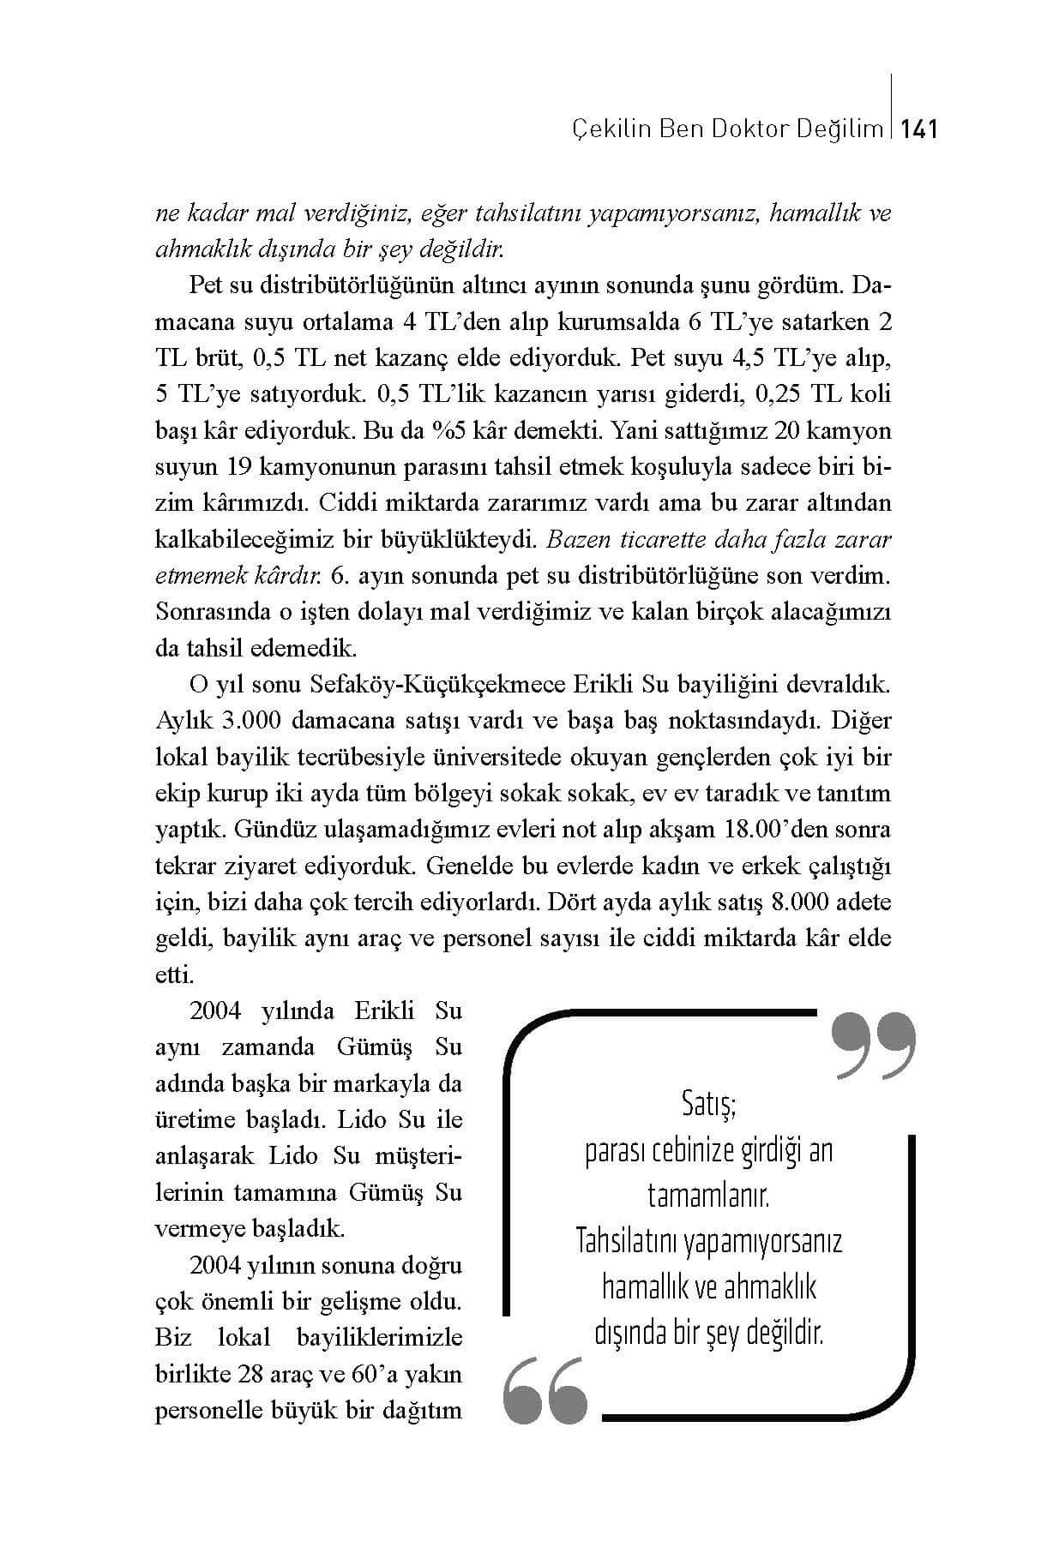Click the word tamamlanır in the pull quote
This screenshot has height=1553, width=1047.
(708, 1194)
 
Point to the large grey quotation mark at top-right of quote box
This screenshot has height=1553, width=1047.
(873, 1045)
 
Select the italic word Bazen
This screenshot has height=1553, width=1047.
(573, 540)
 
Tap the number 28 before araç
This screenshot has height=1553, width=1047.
(260, 1375)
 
